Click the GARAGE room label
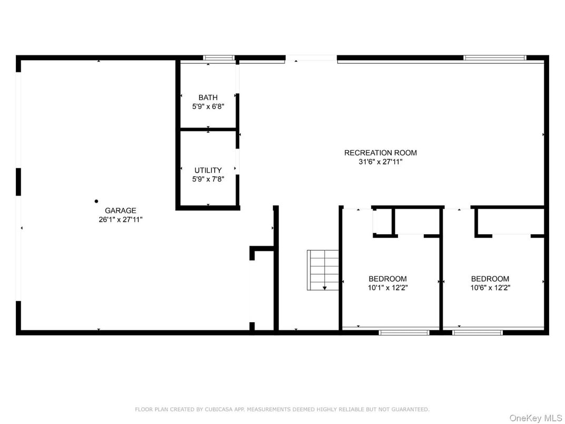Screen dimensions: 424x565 pyautogui.click(x=120, y=210)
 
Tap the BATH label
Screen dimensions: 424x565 pyautogui.click(x=208, y=98)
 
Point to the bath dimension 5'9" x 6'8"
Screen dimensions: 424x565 pyautogui.click(x=208, y=106)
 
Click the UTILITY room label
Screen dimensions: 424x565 pyautogui.click(x=208, y=170)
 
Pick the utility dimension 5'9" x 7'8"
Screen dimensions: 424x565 pyautogui.click(x=208, y=179)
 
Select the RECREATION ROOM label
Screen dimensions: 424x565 pyautogui.click(x=380, y=153)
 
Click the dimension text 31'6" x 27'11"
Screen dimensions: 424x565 pyautogui.click(x=380, y=162)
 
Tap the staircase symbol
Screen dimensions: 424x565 pyautogui.click(x=323, y=269)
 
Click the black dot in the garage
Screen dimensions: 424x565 pyautogui.click(x=96, y=201)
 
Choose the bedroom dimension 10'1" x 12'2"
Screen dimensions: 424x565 pyautogui.click(x=387, y=288)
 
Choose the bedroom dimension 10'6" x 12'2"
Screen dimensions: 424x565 pyautogui.click(x=490, y=288)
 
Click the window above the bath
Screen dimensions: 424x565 pyautogui.click(x=219, y=57)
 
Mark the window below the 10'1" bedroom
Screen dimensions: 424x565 pyautogui.click(x=404, y=333)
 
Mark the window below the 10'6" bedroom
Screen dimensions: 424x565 pyautogui.click(x=477, y=333)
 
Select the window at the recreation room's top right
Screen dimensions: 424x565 pyautogui.click(x=494, y=57)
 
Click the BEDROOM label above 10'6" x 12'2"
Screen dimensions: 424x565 pyautogui.click(x=490, y=279)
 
